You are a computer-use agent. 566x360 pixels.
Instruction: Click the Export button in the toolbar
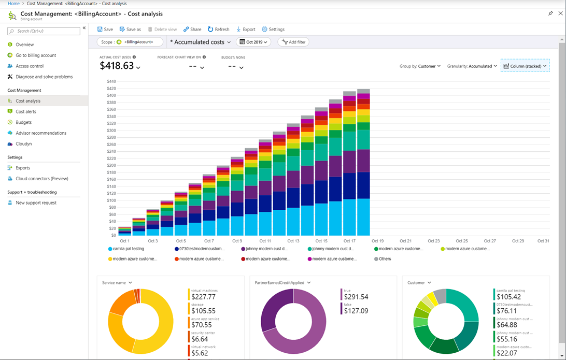pyautogui.click(x=246, y=30)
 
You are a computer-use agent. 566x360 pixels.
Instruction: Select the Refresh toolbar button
pyautogui.click(x=218, y=30)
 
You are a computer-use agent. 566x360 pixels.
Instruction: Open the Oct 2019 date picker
pyautogui.click(x=253, y=42)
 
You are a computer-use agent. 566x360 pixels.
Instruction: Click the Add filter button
pyautogui.click(x=293, y=42)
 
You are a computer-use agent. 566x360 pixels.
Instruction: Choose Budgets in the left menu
pyautogui.click(x=23, y=122)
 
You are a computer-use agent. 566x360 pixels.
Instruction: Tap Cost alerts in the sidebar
pyautogui.click(x=25, y=111)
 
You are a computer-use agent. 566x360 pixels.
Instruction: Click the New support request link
pyautogui.click(x=36, y=203)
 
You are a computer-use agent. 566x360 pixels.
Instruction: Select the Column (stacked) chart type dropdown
pyautogui.click(x=525, y=66)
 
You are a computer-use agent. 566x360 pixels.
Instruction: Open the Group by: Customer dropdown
pyautogui.click(x=420, y=66)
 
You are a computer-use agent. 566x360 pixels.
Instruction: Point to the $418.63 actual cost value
pyautogui.click(x=117, y=66)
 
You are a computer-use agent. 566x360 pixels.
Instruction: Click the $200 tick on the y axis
pyautogui.click(x=111, y=165)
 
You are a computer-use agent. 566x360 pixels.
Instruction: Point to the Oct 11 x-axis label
pyautogui.click(x=265, y=241)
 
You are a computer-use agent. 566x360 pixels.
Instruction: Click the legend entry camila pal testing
pyautogui.click(x=128, y=249)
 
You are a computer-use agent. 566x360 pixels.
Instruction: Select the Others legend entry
pyautogui.click(x=385, y=259)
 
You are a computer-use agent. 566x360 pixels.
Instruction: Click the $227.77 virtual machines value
pyautogui.click(x=203, y=297)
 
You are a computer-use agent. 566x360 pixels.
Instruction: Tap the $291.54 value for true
pyautogui.click(x=356, y=297)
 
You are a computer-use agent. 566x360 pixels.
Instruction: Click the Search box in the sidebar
pyautogui.click(x=44, y=31)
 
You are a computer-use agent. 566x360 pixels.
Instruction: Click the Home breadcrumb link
pyautogui.click(x=13, y=4)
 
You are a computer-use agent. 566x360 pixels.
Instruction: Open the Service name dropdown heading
pyautogui.click(x=117, y=283)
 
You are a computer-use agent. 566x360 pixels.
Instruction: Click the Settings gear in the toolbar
pyautogui.click(x=273, y=30)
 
